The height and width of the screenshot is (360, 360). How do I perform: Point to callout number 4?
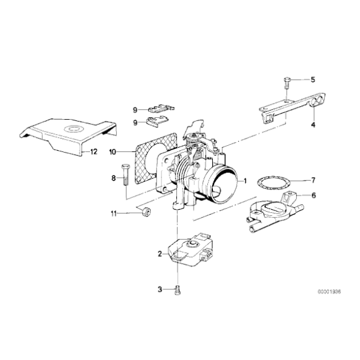coord(313,125)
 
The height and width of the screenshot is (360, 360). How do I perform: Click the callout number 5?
coord(313,79)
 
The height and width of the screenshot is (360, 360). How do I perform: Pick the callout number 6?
coord(313,196)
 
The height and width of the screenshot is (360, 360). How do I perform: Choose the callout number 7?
coord(313,181)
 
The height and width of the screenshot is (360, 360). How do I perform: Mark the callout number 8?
coord(114,178)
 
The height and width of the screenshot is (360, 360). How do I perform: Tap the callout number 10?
coord(113,151)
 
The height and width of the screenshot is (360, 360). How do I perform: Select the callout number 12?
coord(94,151)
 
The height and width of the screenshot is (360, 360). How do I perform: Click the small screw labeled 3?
coord(178,289)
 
